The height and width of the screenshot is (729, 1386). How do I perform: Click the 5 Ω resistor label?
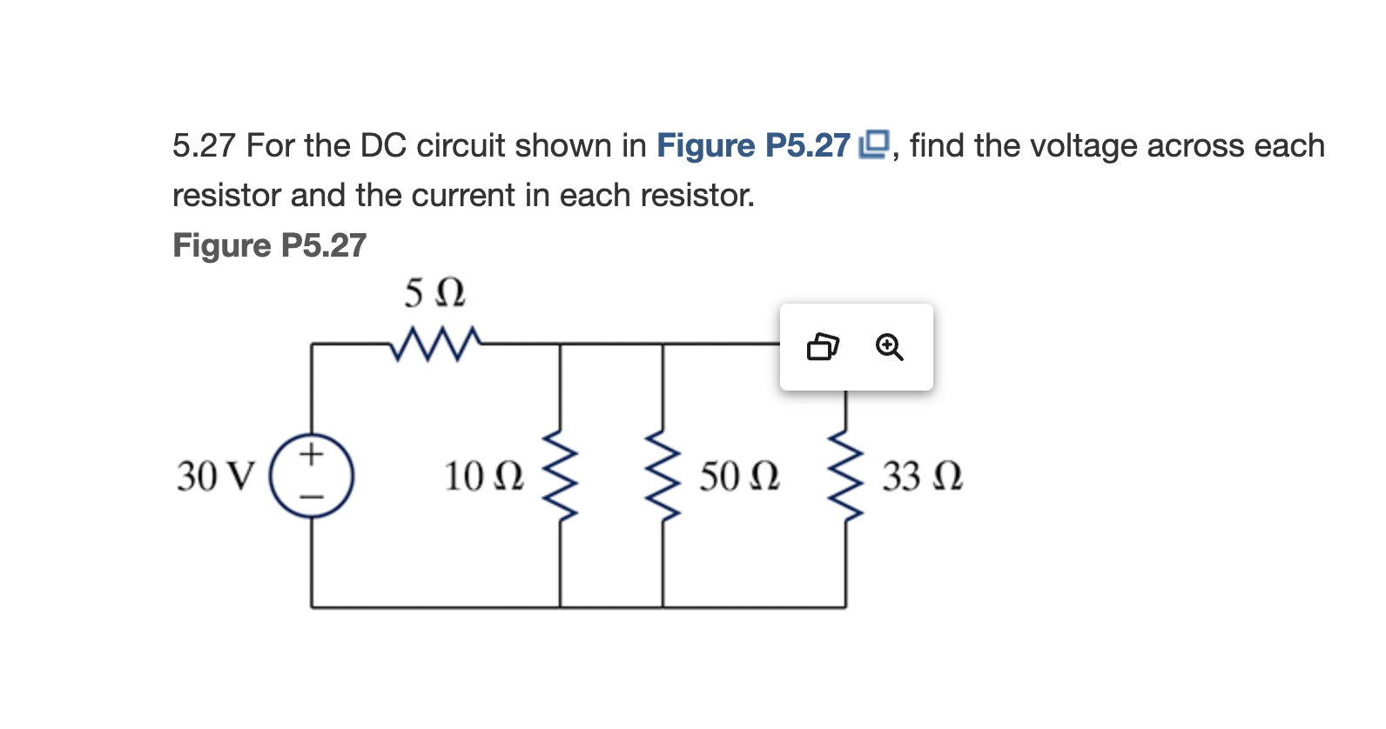[434, 293]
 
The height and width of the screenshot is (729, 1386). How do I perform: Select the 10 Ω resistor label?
[484, 477]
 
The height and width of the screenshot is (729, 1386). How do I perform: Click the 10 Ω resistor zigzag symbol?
[560, 475]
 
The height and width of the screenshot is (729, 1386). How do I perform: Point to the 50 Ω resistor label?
[739, 477]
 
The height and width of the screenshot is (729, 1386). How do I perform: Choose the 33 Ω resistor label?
[922, 477]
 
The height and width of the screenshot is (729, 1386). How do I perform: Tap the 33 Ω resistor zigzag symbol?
[845, 475]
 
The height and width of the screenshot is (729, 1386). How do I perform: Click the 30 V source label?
[216, 477]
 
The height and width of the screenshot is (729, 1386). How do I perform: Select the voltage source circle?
[312, 476]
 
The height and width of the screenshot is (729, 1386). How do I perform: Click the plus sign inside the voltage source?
[312, 453]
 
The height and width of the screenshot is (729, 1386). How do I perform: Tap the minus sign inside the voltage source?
[312, 498]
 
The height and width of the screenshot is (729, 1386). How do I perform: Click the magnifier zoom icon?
[889, 347]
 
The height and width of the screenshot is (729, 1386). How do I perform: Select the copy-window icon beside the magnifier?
[823, 347]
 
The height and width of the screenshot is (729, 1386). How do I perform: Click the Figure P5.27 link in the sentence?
[753, 145]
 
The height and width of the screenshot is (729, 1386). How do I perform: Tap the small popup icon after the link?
[874, 144]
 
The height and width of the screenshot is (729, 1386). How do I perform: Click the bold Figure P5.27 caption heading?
[269, 245]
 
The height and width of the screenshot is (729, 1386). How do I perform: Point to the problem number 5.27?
[204, 145]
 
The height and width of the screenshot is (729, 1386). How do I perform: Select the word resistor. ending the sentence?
[697, 195]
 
